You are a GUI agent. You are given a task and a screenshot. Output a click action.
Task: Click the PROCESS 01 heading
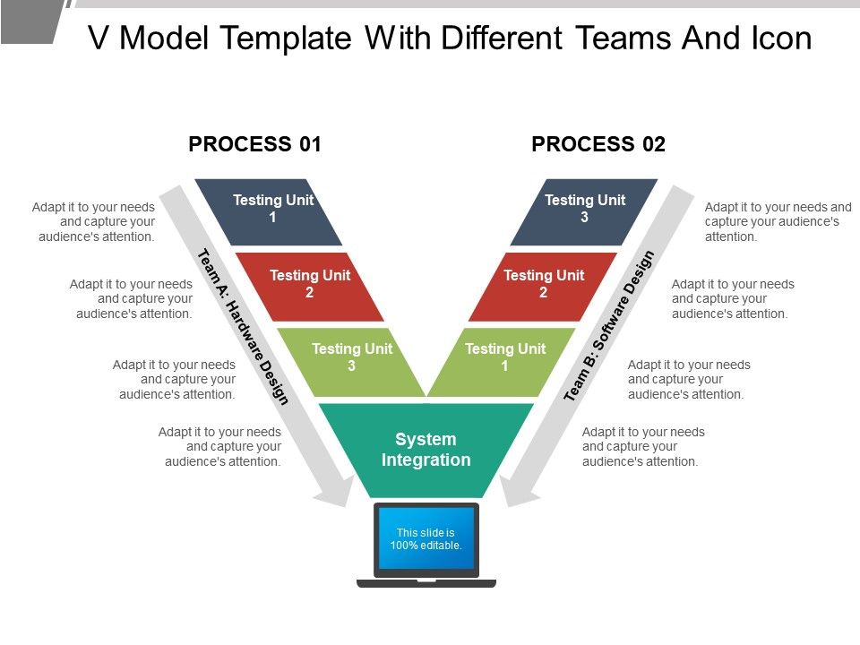[254, 144]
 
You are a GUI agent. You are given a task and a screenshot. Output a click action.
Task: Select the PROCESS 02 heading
[598, 144]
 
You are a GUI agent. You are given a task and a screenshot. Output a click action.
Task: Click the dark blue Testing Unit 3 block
[584, 211]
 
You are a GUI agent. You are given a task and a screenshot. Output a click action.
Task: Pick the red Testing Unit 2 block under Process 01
[310, 286]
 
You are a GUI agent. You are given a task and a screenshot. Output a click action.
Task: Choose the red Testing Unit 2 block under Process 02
[544, 286]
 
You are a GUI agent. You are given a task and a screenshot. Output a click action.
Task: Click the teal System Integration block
[426, 450]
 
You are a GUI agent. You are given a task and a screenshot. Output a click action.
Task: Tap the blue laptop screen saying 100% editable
[426, 539]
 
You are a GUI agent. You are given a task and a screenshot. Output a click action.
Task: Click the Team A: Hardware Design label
[243, 326]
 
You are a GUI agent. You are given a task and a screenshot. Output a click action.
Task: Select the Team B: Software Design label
[610, 326]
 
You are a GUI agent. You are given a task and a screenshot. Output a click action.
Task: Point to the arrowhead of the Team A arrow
[339, 492]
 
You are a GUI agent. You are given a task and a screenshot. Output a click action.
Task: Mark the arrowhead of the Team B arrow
[514, 492]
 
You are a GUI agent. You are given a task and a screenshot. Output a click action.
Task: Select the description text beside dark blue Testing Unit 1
[94, 222]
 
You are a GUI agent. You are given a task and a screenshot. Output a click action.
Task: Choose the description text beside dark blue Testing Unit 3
[778, 222]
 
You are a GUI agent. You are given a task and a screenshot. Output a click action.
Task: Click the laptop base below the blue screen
[426, 583]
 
